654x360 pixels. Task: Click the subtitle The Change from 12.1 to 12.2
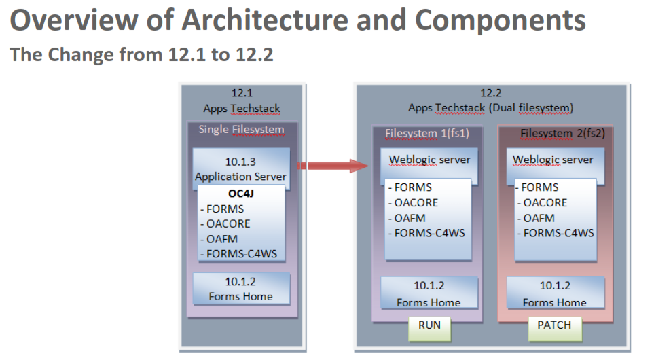click(142, 55)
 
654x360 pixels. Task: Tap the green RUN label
click(429, 325)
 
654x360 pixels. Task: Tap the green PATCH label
click(554, 325)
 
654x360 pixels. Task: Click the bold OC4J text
click(241, 193)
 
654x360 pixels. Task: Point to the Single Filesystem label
click(241, 130)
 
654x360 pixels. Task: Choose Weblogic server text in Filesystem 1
click(429, 160)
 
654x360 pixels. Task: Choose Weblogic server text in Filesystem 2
click(553, 160)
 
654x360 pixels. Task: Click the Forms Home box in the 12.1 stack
click(241, 289)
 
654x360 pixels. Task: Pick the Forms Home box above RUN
click(429, 293)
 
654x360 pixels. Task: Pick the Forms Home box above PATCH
click(554, 293)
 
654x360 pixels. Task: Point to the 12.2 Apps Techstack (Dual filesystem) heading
click(491, 101)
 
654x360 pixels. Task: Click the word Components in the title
click(501, 20)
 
